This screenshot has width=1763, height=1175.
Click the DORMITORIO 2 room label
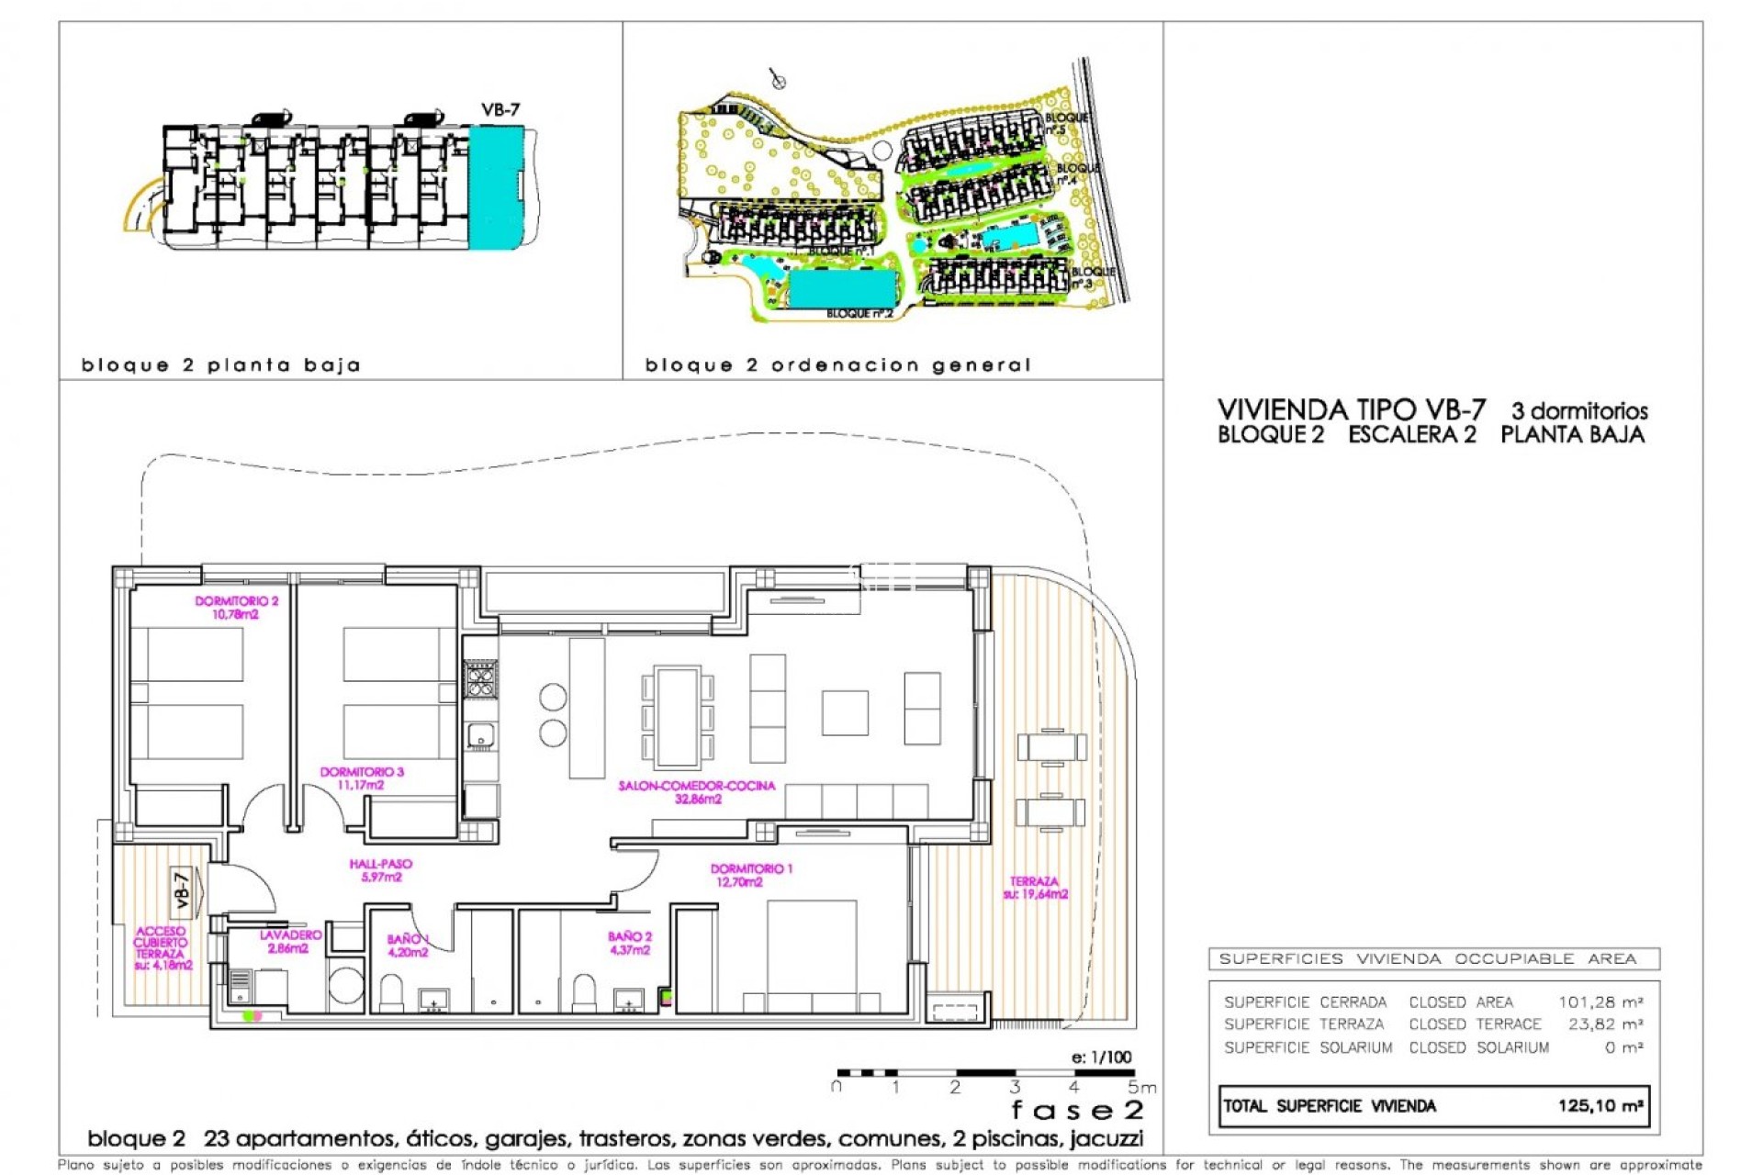click(236, 608)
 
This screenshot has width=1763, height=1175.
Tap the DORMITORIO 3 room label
click(362, 778)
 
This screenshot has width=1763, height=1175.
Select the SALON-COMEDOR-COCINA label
click(697, 792)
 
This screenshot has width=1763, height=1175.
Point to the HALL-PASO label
click(381, 870)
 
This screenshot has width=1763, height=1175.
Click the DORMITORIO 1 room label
click(750, 875)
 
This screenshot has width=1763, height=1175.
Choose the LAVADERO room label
click(290, 942)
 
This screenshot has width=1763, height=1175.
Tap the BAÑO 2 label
click(630, 943)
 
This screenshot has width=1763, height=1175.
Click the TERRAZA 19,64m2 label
click(1035, 888)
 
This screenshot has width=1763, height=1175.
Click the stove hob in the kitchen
click(480, 679)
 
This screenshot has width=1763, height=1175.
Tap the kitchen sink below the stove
click(480, 735)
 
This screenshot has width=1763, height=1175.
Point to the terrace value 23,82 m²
click(1604, 1024)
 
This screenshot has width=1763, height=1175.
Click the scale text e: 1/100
click(1101, 1057)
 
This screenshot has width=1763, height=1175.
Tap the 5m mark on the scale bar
click(1141, 1088)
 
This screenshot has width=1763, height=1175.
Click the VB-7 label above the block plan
click(500, 110)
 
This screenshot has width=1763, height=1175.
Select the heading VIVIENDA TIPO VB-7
click(1351, 410)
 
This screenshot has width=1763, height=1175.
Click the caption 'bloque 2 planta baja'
click(220, 365)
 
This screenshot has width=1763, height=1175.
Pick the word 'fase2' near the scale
click(1077, 1111)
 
